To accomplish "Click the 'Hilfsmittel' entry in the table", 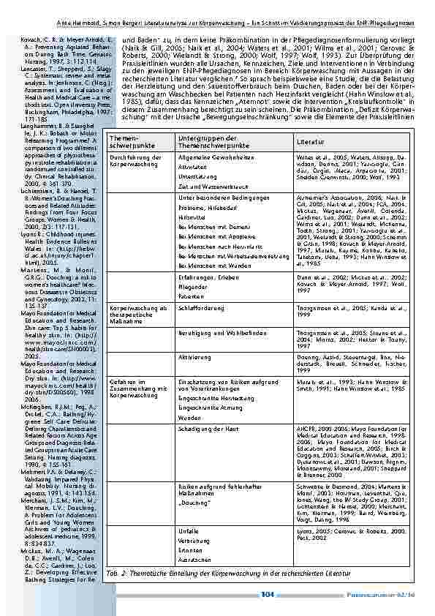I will click(190, 218).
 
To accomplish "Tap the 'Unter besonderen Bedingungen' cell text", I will click(213, 198).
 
